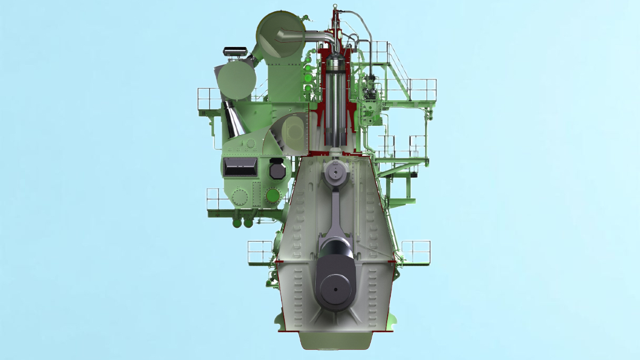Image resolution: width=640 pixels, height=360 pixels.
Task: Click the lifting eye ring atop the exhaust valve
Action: point(335,8)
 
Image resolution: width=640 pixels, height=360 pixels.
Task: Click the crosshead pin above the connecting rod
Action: point(334,172)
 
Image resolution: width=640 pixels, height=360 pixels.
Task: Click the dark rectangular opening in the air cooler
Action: point(241,168)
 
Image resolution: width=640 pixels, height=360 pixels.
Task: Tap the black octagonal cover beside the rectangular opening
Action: point(277,169)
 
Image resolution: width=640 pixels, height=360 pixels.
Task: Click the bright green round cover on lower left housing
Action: point(273,196)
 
